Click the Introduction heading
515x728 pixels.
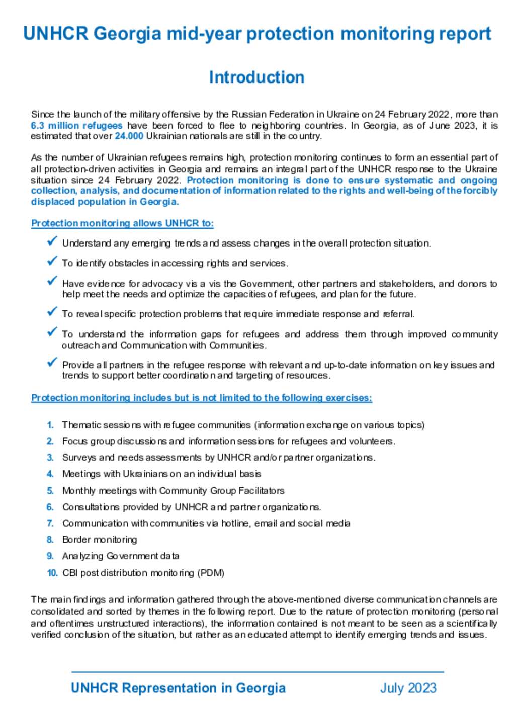click(256, 77)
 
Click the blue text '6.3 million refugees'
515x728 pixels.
click(76, 126)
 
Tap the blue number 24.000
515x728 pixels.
click(129, 136)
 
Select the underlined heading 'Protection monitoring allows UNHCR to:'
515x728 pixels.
click(122, 223)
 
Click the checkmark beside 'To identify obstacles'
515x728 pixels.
click(52, 261)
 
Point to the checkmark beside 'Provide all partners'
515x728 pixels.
click(52, 363)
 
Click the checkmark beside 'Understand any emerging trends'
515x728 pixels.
click(52, 241)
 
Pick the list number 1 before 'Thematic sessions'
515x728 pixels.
click(50, 425)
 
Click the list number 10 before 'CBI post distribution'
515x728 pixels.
click(52, 573)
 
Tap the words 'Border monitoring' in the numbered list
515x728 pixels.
click(100, 540)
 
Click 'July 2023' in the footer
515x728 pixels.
click(408, 688)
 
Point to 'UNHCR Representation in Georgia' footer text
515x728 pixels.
click(178, 688)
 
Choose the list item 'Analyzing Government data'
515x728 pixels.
click(121, 556)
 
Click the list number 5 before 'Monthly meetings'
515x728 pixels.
click(50, 491)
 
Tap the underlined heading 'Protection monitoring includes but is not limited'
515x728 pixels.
click(201, 398)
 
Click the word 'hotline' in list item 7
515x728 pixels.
click(235, 524)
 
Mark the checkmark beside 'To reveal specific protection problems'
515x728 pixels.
click(52, 312)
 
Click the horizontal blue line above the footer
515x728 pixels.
click(257, 672)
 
